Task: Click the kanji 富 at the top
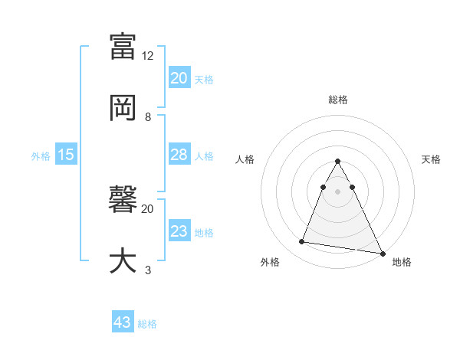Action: coord(123,46)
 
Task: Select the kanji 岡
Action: coord(123,107)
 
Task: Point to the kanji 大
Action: coord(123,260)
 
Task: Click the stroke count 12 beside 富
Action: coord(148,56)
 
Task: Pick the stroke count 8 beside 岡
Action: coord(148,117)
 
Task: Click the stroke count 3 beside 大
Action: coord(148,270)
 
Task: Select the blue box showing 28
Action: coord(179,155)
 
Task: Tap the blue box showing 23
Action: coord(179,232)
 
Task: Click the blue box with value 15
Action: coord(66,155)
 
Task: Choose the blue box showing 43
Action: coord(123,322)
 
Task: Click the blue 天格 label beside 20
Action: coord(204,80)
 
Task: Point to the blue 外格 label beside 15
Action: coord(41,156)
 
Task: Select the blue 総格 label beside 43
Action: coord(147,324)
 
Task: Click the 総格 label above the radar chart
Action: coord(338,100)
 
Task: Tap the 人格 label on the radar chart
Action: coord(245,159)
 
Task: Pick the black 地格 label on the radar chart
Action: coord(402,263)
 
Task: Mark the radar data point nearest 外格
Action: coord(302,242)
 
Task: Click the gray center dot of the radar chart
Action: coord(337,190)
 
